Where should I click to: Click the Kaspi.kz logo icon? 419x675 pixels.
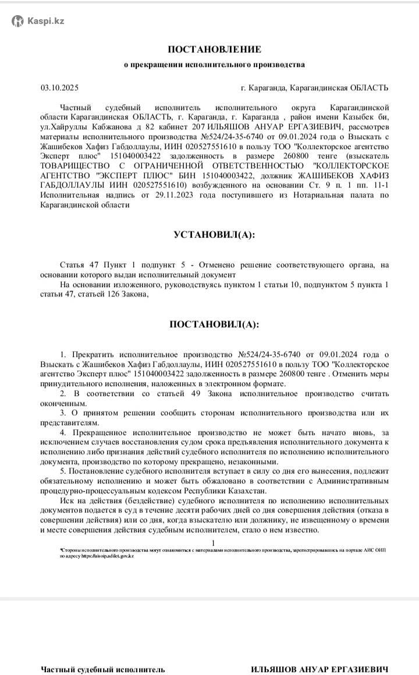18,21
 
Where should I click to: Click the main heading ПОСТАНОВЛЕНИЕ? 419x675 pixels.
214,50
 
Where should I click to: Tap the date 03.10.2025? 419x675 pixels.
59,88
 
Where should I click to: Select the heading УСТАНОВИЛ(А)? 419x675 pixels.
214,235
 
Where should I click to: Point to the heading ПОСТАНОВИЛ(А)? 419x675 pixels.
214,324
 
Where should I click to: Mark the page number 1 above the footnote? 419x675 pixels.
213,543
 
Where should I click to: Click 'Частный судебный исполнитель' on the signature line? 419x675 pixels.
102,653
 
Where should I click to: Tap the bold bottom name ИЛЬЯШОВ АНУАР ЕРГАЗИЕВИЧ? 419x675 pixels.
319,653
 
